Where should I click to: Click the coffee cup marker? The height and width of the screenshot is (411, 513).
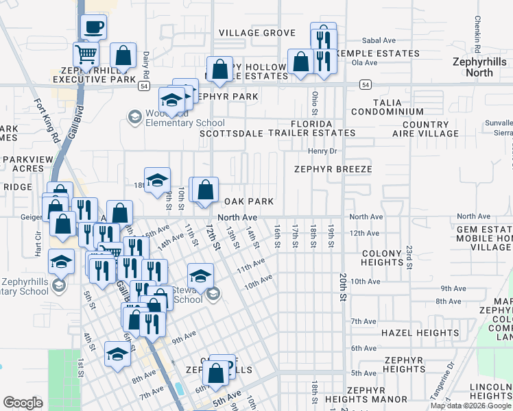point(94,27)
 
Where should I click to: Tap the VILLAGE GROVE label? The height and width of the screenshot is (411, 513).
point(256,33)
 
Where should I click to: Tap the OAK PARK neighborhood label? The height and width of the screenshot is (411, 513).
point(250,201)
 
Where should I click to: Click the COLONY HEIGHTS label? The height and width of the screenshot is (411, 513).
point(381,258)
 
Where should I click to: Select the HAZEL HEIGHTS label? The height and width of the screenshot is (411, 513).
point(420,333)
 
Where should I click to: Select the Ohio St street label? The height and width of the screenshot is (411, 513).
point(315,102)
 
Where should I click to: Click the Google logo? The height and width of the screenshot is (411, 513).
point(23,403)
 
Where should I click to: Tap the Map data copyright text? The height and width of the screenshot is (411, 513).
point(470,406)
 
